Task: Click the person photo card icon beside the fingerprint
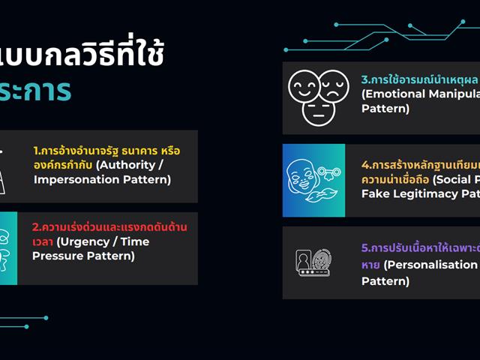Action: pos(304,259)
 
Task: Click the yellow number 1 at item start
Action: pos(36,151)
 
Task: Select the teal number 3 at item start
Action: pos(364,79)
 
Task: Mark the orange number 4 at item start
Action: pos(364,164)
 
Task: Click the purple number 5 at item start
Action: pos(364,247)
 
